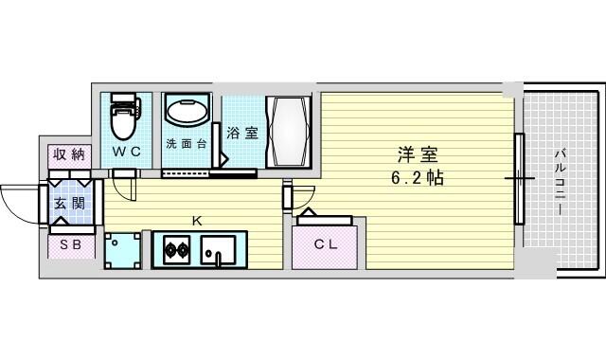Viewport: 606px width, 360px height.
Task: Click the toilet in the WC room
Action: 125,116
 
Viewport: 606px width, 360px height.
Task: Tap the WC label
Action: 126,152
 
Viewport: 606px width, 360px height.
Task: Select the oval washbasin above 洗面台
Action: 187,111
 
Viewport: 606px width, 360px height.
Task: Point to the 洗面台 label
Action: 187,144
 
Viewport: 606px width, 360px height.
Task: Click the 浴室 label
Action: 242,133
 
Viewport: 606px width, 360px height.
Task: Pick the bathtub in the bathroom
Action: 288,132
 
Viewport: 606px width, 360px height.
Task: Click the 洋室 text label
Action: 418,154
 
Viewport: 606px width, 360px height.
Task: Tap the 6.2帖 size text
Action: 418,178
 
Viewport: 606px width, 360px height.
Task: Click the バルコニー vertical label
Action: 560,181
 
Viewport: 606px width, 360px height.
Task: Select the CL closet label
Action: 326,244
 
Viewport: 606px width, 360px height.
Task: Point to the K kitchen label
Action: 197,221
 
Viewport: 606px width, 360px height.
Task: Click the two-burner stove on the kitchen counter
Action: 177,249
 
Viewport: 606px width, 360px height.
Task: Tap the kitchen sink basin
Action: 217,250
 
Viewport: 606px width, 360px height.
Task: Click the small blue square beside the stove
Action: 122,250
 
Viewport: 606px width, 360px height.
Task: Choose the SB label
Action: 71,244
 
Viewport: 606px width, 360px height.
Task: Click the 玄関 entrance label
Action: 69,203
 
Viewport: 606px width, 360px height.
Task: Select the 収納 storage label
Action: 69,154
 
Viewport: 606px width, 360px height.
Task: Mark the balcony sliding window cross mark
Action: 520,178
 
